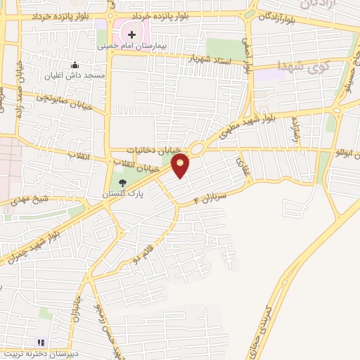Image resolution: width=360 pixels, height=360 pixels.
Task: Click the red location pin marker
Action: [x=181, y=165]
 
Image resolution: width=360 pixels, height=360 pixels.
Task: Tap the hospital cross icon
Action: [x=131, y=34]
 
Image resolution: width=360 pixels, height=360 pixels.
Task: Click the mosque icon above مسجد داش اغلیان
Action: [x=75, y=65]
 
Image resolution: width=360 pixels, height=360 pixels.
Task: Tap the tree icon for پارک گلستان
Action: [x=123, y=183]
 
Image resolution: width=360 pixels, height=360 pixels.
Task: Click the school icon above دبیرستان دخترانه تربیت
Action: [x=41, y=342]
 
